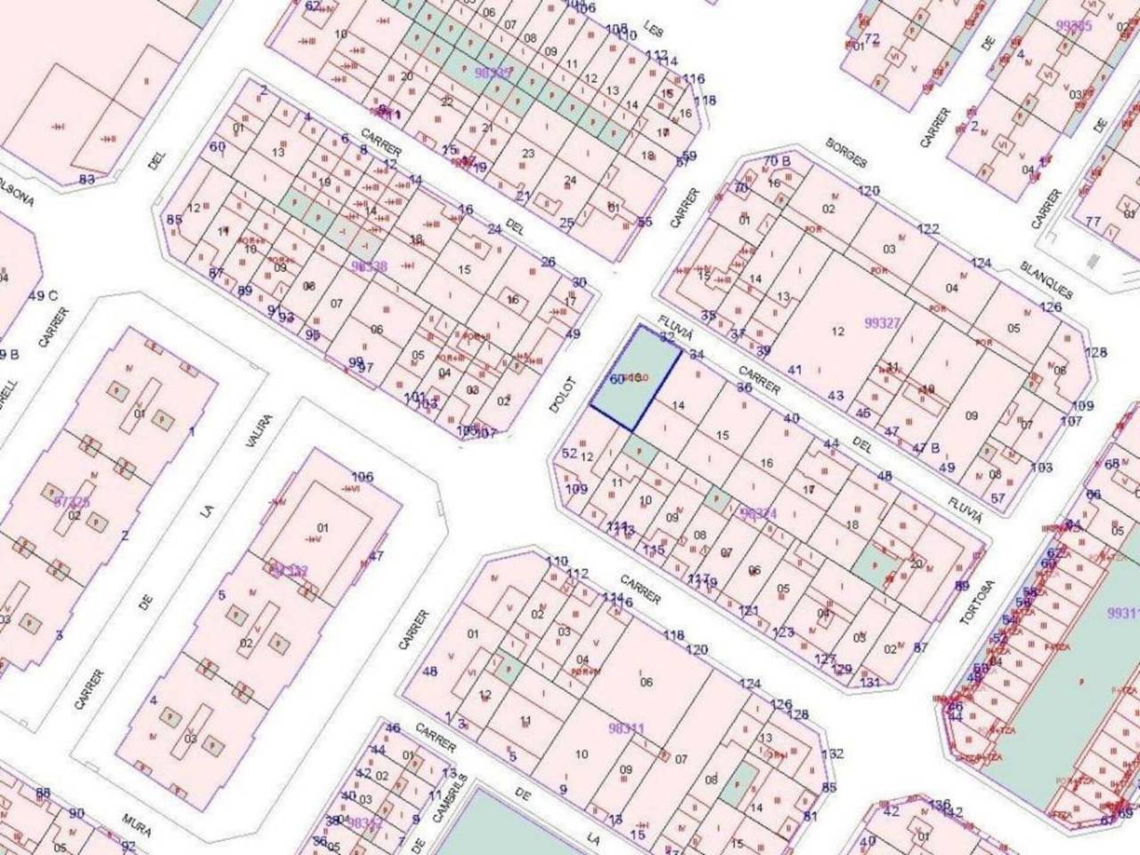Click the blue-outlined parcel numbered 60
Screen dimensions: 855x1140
pos(636,379)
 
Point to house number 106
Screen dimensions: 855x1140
pos(362,476)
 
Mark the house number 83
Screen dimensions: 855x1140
pos(86,179)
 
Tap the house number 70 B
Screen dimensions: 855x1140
pos(777,161)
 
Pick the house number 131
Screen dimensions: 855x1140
pos(870,683)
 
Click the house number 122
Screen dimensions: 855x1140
pos(928,229)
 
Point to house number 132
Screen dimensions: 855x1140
pos(832,753)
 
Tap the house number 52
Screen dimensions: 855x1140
pos(570,453)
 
